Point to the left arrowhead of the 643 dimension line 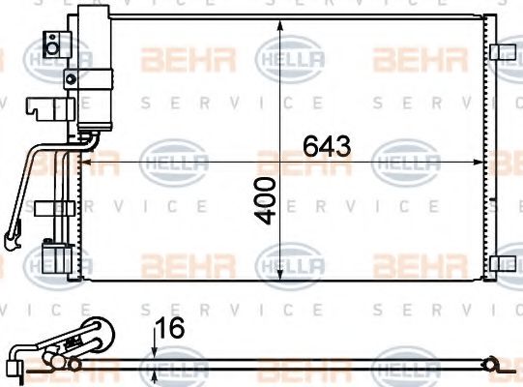coord(81,162)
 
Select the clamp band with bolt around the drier coord(73,77)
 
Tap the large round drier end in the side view coord(96,332)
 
